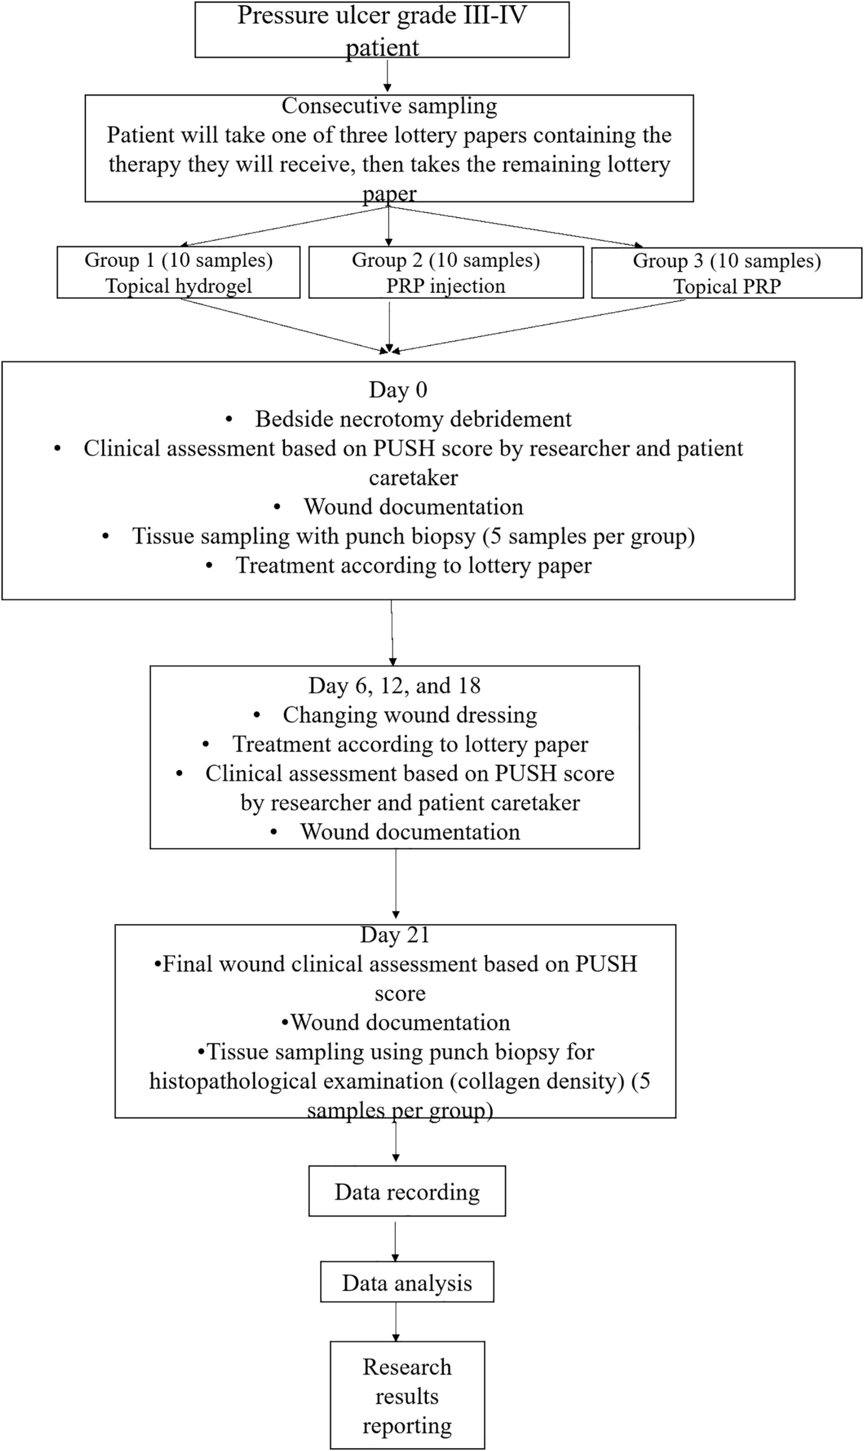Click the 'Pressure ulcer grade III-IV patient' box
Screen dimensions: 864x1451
click(382, 29)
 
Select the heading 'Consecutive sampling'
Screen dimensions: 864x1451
click(389, 106)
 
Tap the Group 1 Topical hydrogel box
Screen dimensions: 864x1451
click(179, 272)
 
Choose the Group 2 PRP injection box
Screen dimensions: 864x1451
click(446, 272)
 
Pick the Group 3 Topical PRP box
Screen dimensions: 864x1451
click(727, 273)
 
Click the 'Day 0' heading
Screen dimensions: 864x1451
click(398, 389)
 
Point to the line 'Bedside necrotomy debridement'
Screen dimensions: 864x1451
click(413, 419)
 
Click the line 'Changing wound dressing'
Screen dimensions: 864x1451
click(410, 715)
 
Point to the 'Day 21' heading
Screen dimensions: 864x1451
click(395, 935)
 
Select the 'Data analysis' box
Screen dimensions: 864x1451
click(407, 1282)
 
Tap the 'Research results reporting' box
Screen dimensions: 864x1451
click(407, 1396)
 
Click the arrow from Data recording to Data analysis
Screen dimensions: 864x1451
click(395, 1239)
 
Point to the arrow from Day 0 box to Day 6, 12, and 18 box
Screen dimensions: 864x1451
click(392, 633)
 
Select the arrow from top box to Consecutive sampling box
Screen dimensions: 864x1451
click(387, 76)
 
